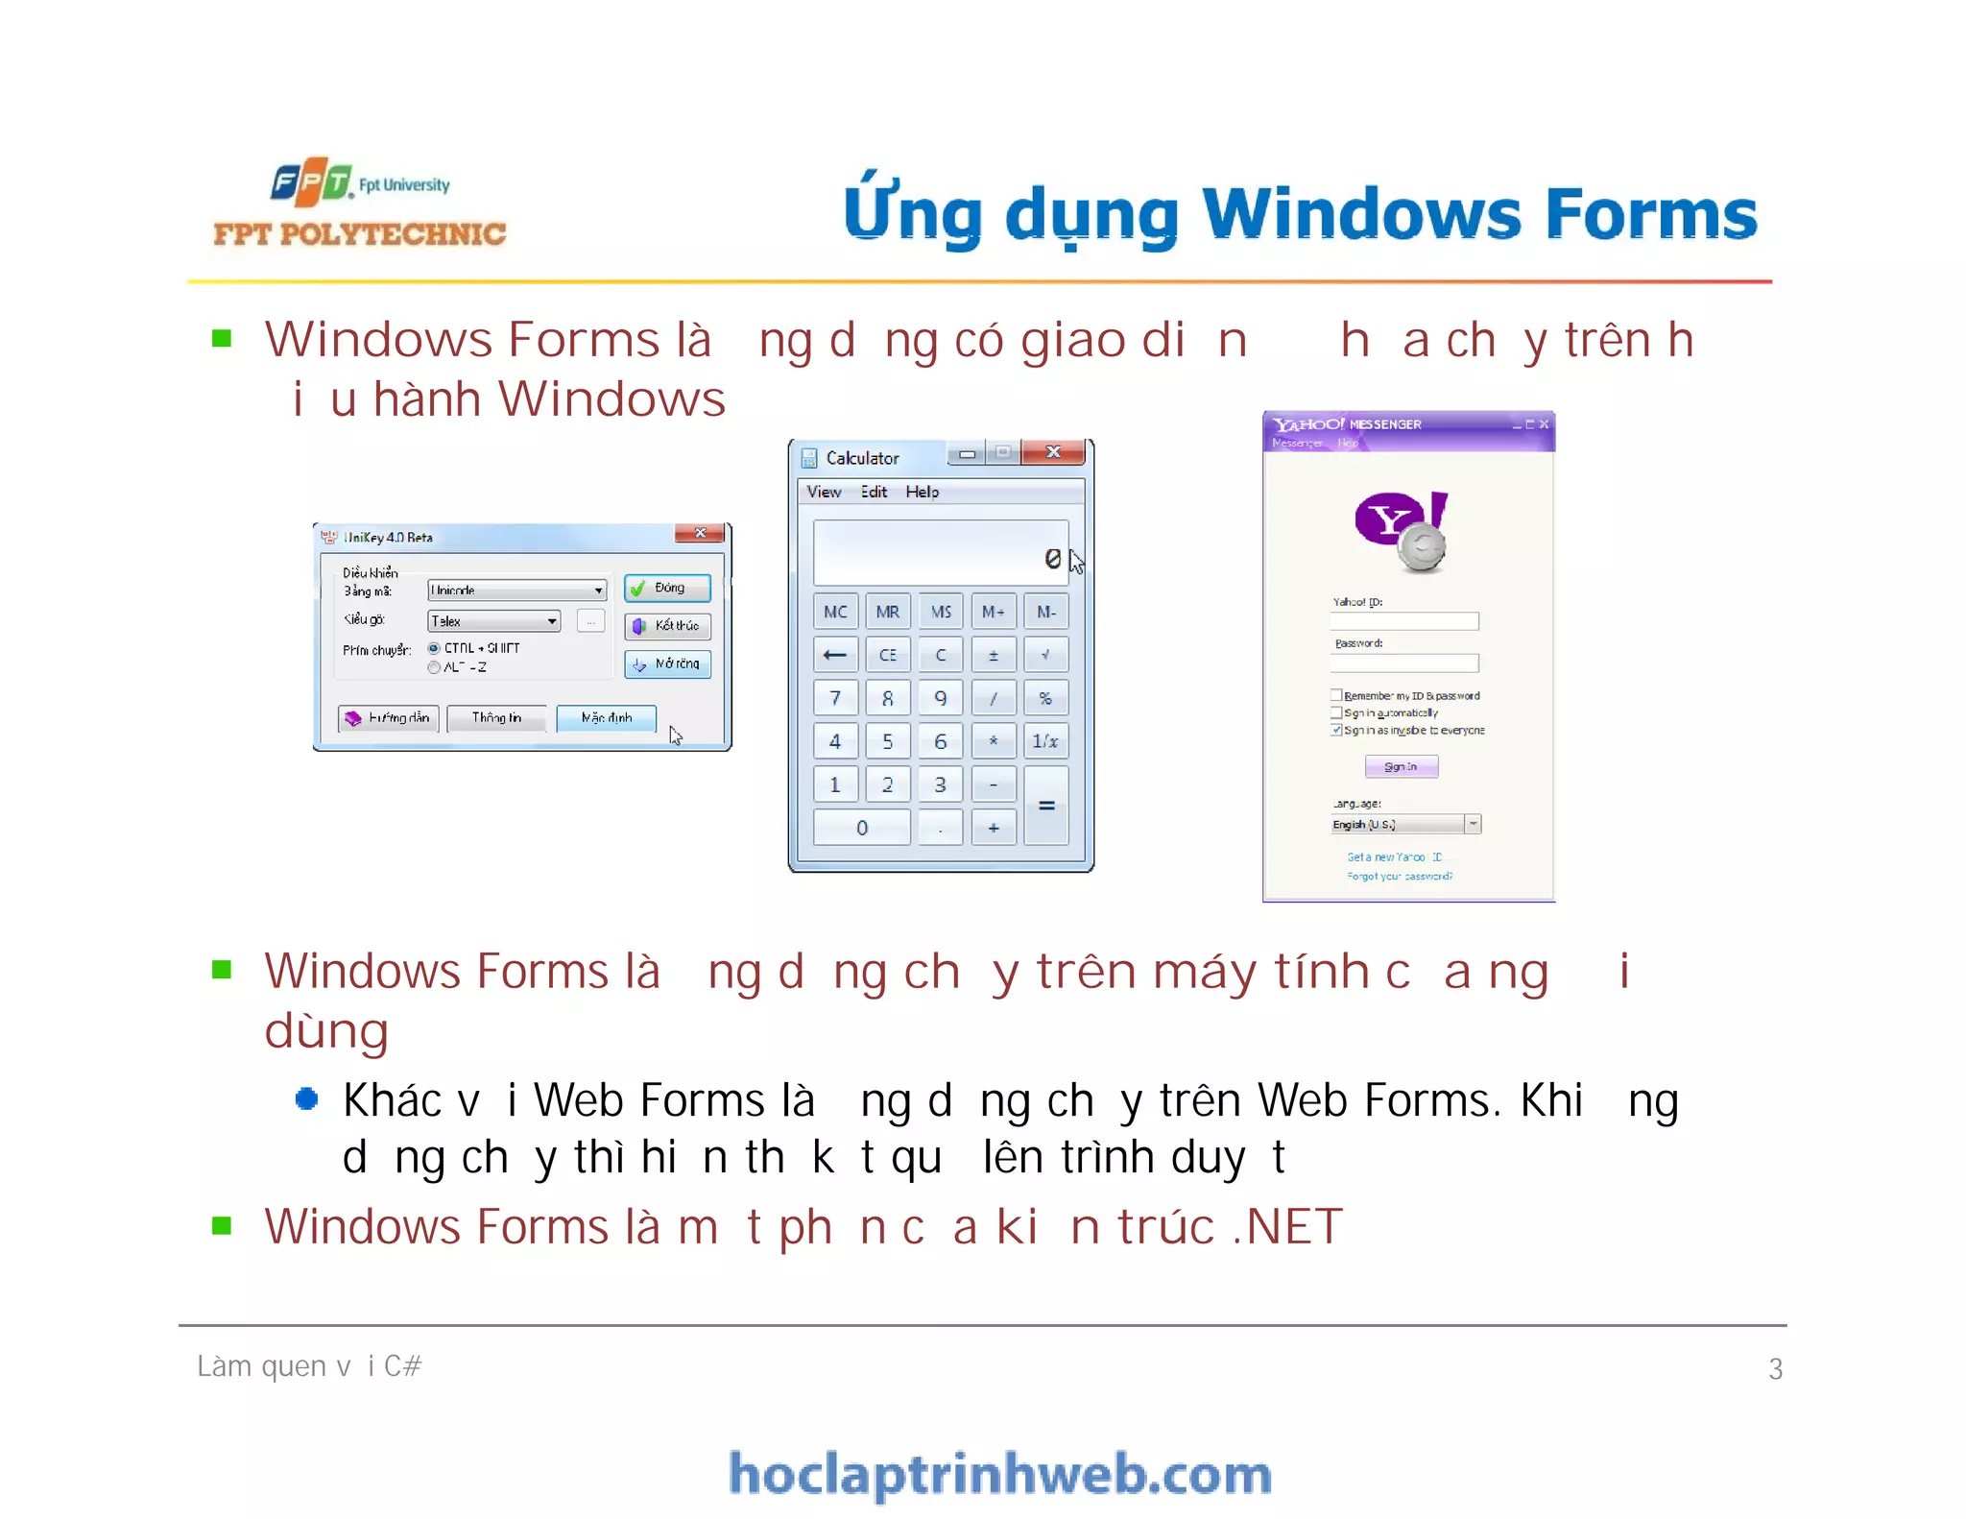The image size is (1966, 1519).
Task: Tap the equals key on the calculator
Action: (1046, 806)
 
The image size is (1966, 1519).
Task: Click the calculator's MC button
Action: (835, 612)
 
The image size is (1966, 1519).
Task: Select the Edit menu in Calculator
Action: (874, 492)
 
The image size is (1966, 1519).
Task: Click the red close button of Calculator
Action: (1053, 452)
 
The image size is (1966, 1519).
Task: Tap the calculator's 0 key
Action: (861, 828)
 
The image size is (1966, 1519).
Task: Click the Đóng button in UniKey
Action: (667, 588)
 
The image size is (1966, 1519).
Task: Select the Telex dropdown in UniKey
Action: (494, 621)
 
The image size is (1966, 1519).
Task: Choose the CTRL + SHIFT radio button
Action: (434, 648)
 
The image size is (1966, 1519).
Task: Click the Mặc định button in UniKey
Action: (606, 718)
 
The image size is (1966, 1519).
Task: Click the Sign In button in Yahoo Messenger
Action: (1401, 766)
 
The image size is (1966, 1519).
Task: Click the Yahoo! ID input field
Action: (1404, 621)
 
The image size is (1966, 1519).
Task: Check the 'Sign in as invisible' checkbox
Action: (1336, 730)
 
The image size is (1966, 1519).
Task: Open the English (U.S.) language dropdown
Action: (1473, 824)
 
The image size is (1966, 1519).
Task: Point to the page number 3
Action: (1775, 1368)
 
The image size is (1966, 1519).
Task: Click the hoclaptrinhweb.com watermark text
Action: (1000, 1475)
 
